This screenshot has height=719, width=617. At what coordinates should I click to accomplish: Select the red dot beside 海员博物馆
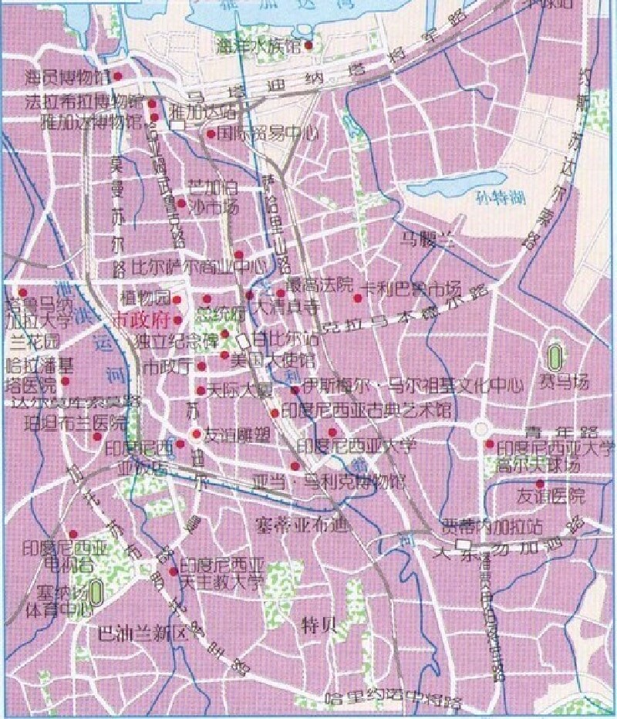(x=118, y=76)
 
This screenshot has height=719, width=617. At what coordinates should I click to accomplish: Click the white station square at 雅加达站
(x=179, y=126)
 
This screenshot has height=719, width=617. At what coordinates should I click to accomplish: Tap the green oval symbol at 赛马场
(x=553, y=356)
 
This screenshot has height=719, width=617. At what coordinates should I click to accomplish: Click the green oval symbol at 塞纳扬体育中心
(x=96, y=592)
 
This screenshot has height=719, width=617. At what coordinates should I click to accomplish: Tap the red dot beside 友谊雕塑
(x=197, y=434)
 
